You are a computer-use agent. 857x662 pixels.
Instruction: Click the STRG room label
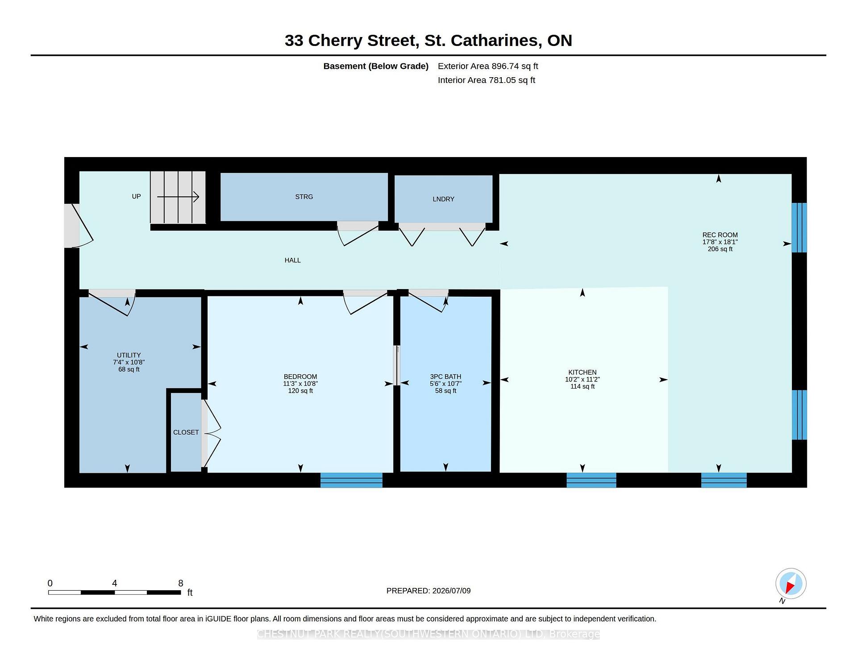[x=304, y=197]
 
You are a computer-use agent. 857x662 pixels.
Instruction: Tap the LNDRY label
[x=443, y=199]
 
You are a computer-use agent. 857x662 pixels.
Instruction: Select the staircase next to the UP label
[x=178, y=197]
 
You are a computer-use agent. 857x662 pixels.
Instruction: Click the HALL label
[x=293, y=260]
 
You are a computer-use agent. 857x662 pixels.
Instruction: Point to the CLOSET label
[x=186, y=432]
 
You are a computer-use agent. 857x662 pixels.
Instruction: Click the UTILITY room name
[x=129, y=356]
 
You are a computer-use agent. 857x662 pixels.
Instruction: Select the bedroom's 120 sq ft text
[x=300, y=391]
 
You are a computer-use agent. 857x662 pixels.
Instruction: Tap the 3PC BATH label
[x=445, y=377]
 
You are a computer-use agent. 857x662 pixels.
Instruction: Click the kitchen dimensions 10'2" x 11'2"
[x=582, y=379]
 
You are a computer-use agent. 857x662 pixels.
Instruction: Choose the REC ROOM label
[x=720, y=235]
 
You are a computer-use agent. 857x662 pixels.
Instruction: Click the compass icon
[x=790, y=583]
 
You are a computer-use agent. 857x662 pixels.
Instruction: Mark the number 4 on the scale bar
[x=115, y=583]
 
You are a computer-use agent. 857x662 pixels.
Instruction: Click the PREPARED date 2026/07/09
[x=451, y=591]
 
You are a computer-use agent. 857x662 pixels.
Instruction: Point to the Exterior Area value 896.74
[x=505, y=66]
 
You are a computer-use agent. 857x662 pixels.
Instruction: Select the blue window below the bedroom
[x=351, y=480]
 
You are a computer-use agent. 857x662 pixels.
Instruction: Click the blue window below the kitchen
[x=591, y=480]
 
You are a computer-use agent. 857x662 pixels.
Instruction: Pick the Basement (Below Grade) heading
[x=376, y=66]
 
